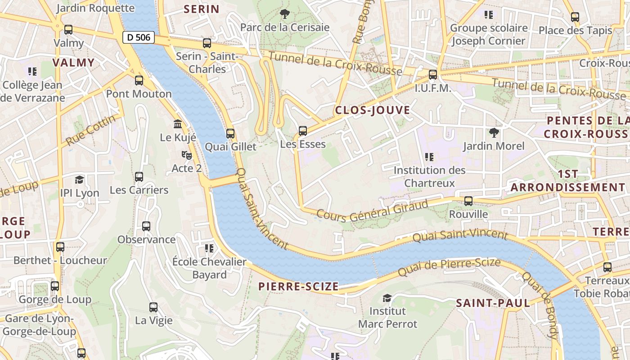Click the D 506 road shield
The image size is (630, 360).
[x=139, y=37]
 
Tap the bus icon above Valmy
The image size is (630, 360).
[x=68, y=30]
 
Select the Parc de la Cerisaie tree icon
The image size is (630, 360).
[x=284, y=14]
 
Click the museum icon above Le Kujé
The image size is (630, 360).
[x=178, y=124]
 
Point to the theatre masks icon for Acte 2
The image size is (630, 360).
[x=187, y=155]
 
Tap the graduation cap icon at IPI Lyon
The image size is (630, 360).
[x=80, y=180]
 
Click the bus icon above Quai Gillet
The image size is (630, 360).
[x=230, y=133]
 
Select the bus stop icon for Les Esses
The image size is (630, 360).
[x=303, y=131]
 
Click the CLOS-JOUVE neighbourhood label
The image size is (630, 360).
[x=372, y=110]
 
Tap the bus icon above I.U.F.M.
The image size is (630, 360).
[x=433, y=75]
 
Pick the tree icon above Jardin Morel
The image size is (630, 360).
[x=494, y=132]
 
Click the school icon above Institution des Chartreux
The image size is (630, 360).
[x=429, y=157]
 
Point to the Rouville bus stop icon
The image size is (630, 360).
[x=468, y=201]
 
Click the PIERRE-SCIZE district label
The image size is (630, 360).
[x=298, y=287]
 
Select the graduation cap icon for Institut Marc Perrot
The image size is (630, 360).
[x=387, y=297]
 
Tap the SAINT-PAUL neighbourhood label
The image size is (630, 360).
[x=493, y=303]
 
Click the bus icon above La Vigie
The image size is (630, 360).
[x=153, y=307]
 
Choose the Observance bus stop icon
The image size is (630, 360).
[x=146, y=226]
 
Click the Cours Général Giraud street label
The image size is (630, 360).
[x=372, y=211]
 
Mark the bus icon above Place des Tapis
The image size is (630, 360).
[x=575, y=17]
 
